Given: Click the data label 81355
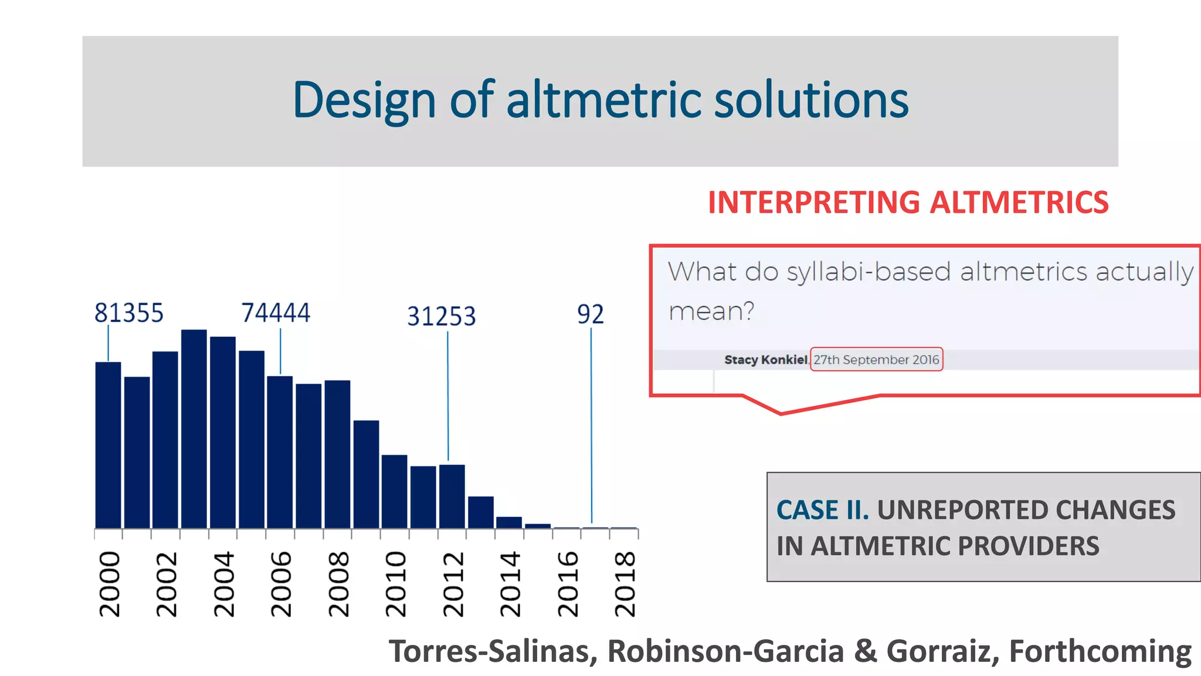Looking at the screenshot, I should (x=129, y=313).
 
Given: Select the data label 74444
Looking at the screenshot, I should (x=276, y=313).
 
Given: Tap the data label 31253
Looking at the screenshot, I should (x=442, y=316).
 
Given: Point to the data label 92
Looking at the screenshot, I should (x=590, y=315).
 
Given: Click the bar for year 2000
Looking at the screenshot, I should (x=108, y=446).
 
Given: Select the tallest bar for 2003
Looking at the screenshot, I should (x=194, y=428).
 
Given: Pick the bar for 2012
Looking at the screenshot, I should (x=452, y=496).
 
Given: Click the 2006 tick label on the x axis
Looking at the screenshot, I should (x=281, y=583).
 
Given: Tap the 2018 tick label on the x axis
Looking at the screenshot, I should (x=625, y=583).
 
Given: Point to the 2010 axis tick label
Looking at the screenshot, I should (x=395, y=583).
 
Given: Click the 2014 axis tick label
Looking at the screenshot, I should (x=510, y=583).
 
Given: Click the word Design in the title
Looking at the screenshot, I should (x=364, y=101).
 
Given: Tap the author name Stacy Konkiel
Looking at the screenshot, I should (x=765, y=360).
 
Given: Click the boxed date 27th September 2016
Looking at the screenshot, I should (x=876, y=360).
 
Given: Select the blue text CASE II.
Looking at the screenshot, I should (x=822, y=510).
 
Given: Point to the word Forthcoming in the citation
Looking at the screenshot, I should (x=1100, y=651).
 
